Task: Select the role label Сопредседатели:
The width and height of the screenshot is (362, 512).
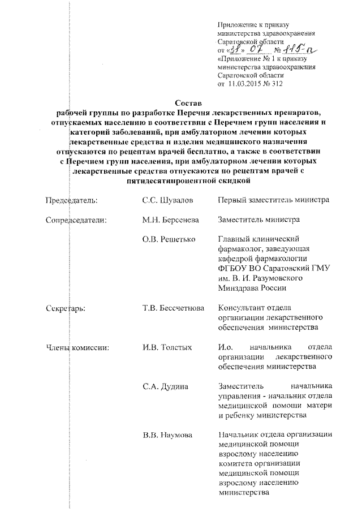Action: pyautogui.click(x=76, y=220)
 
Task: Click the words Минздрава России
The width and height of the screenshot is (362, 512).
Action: pyautogui.click(x=252, y=287)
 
